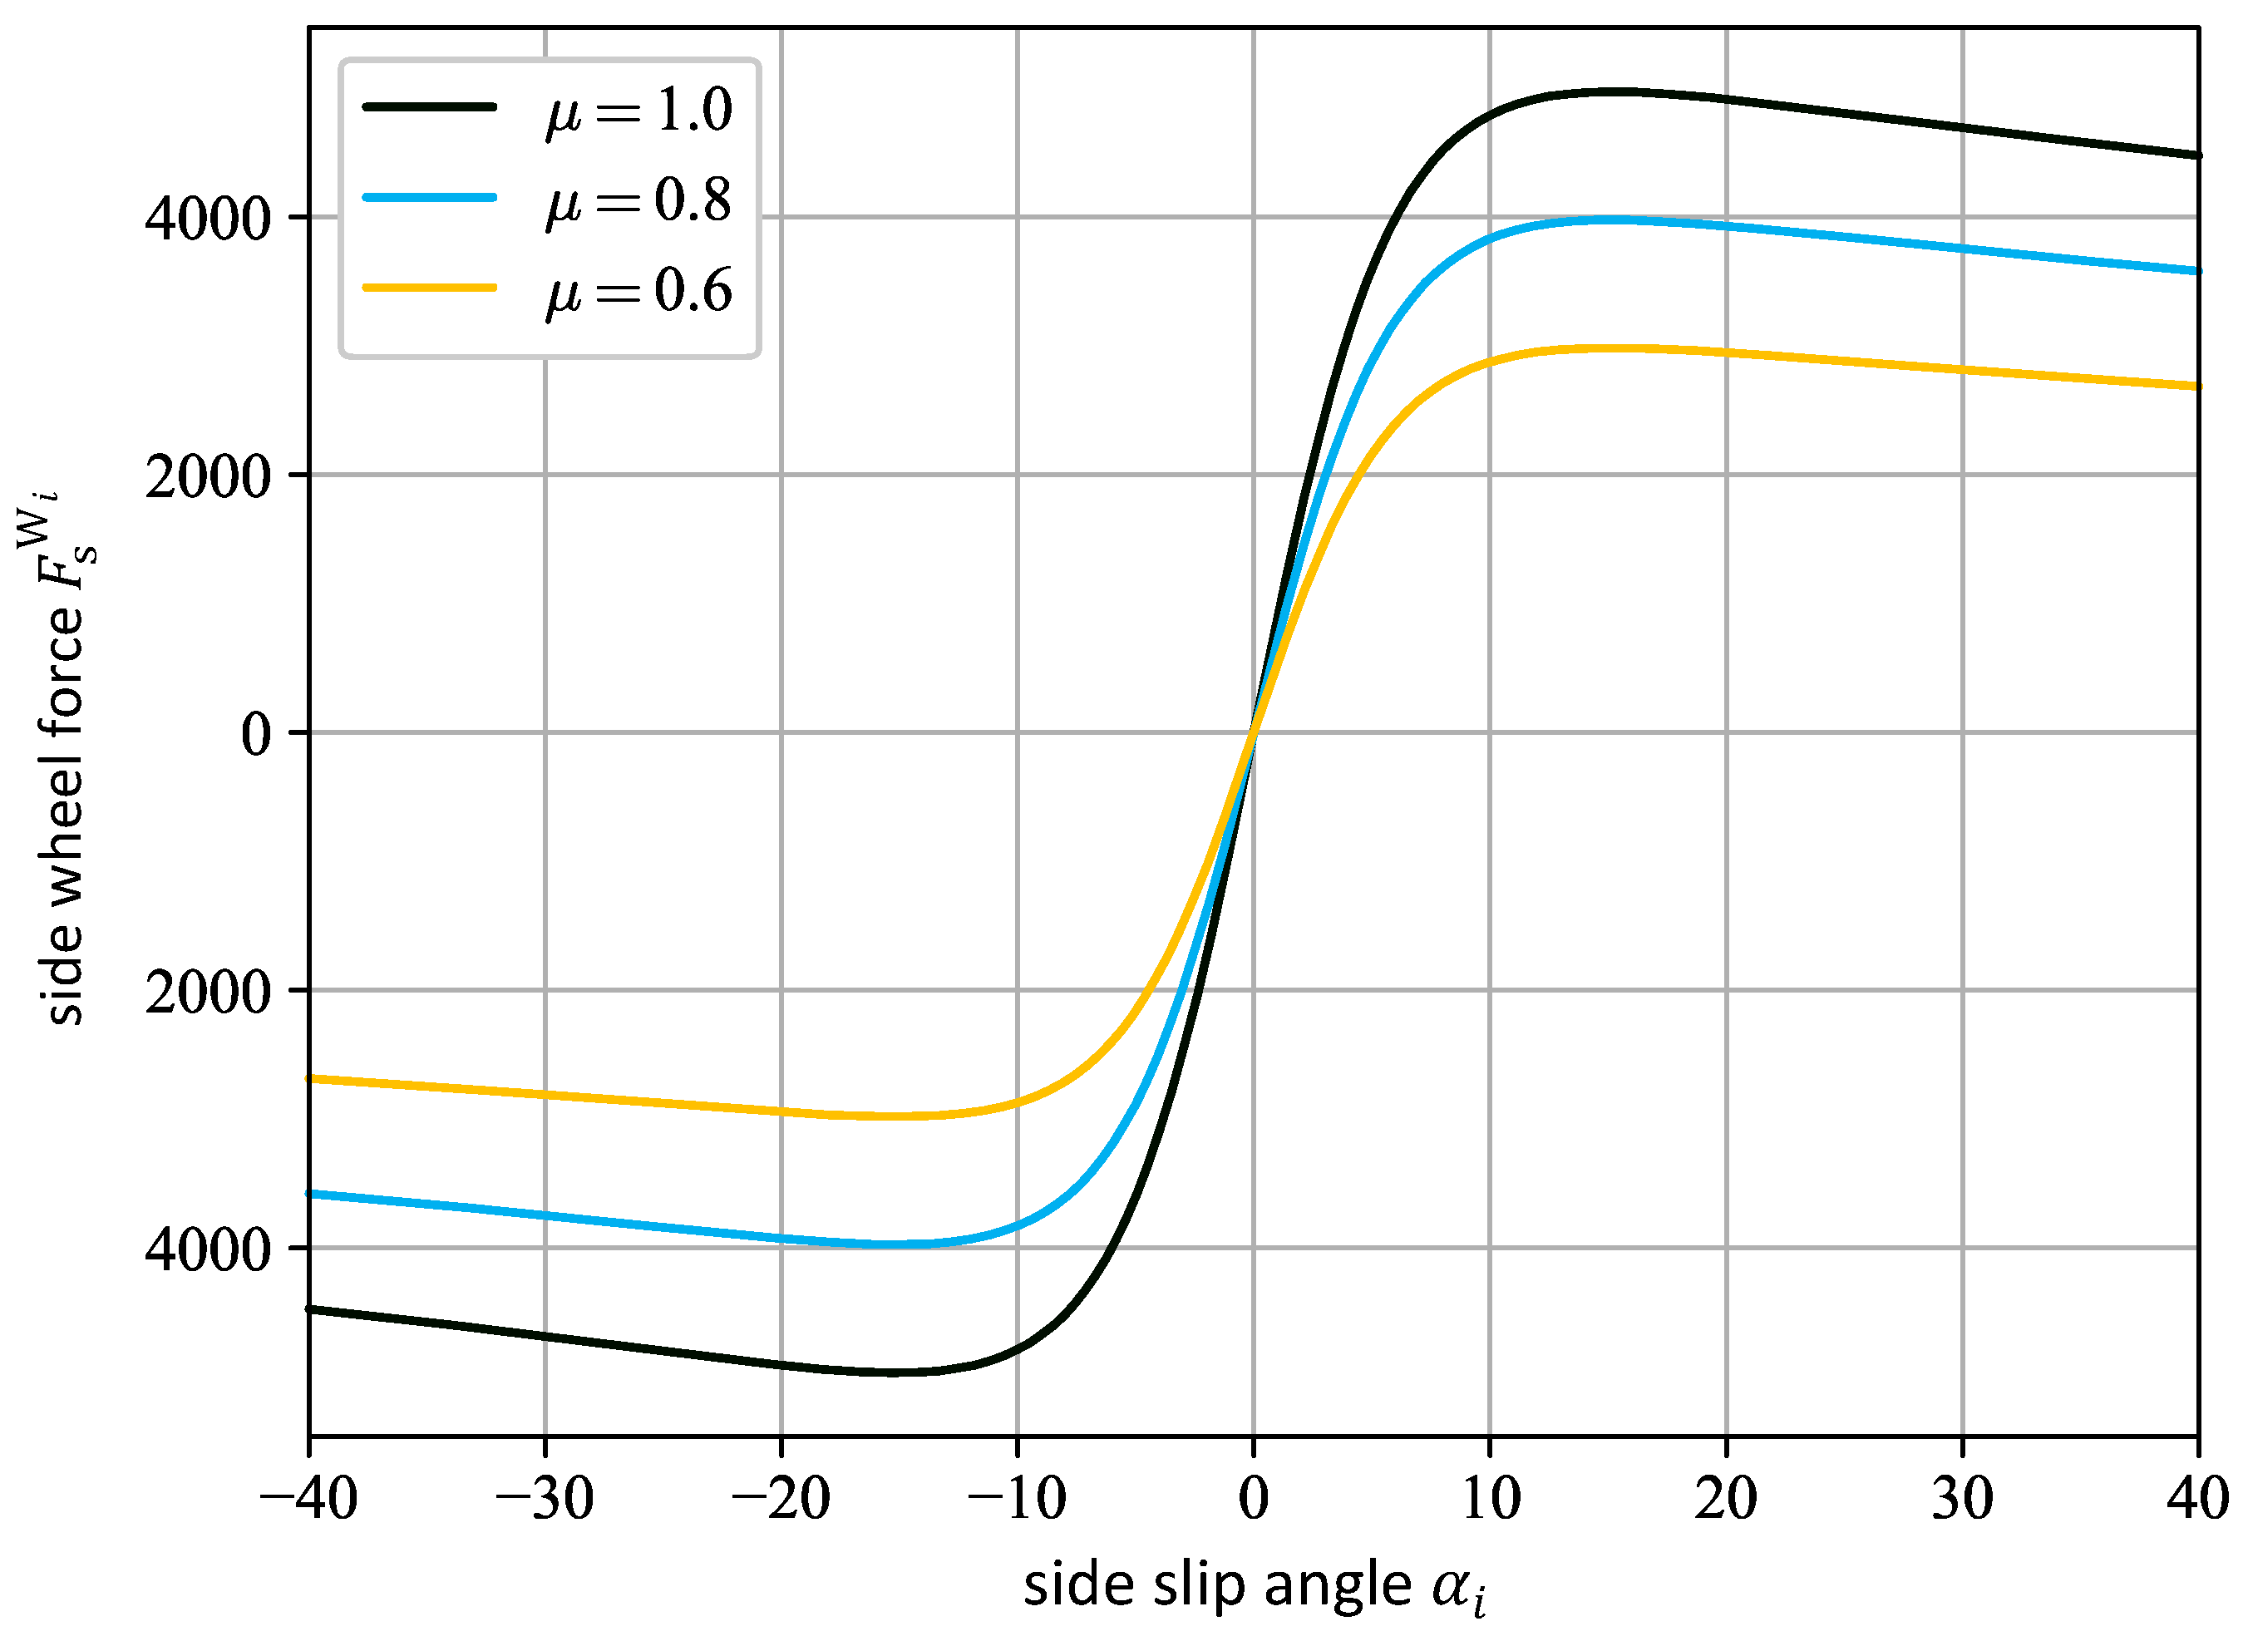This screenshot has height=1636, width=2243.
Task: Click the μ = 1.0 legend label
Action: tap(638, 111)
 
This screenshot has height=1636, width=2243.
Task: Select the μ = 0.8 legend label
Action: tap(638, 202)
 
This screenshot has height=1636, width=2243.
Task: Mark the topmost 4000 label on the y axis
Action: tap(208, 219)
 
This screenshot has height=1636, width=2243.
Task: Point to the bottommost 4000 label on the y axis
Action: tap(208, 1249)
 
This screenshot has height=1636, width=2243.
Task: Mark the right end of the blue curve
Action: tap(2197, 270)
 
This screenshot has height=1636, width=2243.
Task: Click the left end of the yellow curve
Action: tap(310, 1078)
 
